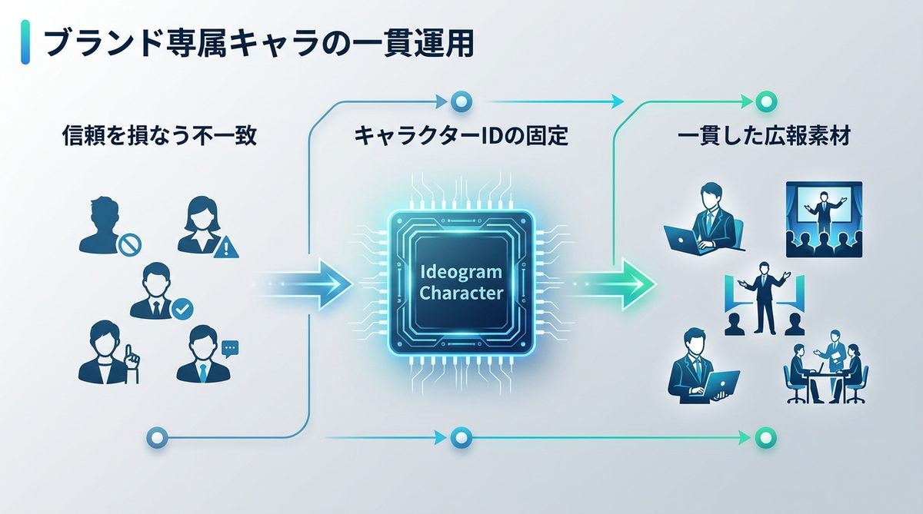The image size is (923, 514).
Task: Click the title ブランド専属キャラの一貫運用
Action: click(258, 45)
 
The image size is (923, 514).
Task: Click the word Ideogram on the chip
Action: click(461, 273)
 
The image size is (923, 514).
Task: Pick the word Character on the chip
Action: click(461, 293)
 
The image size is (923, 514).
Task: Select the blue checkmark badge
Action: click(182, 309)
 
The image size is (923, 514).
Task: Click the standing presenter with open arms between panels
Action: click(763, 296)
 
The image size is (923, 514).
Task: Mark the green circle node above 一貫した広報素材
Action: click(764, 101)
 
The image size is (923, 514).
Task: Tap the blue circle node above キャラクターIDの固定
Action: click(461, 101)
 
